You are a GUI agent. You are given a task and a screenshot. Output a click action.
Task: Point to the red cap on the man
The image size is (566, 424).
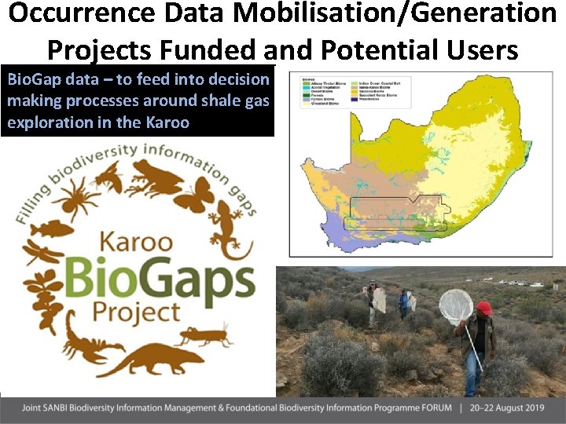click(484, 308)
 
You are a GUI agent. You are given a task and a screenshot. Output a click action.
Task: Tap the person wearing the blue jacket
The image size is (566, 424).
click(404, 302)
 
